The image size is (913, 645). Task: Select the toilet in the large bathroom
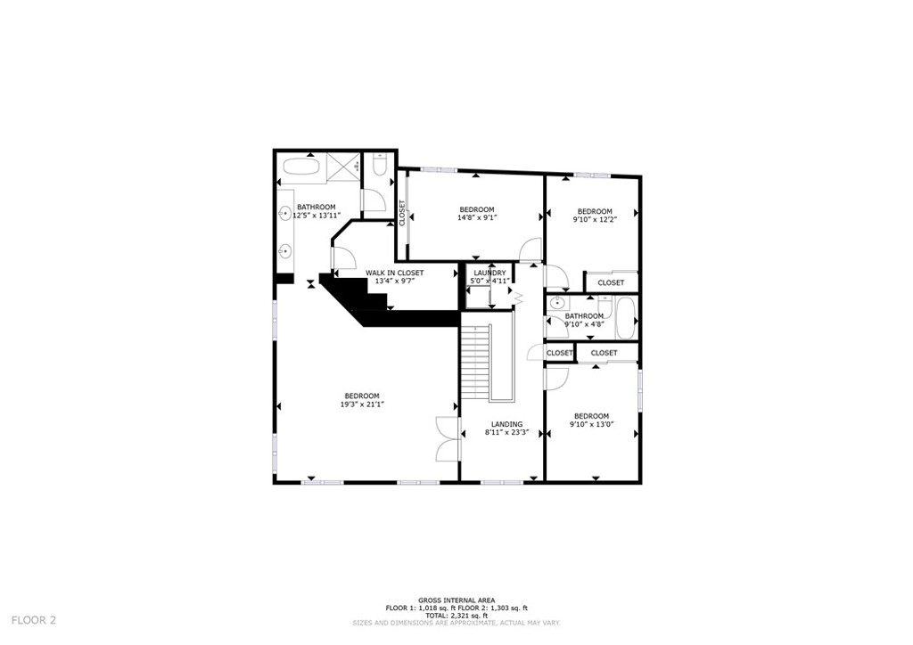pyautogui.click(x=379, y=167)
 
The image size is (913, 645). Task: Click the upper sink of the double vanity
pyautogui.click(x=285, y=213)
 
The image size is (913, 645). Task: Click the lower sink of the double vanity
pyautogui.click(x=285, y=251)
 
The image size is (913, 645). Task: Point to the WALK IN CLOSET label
pyautogui.click(x=393, y=273)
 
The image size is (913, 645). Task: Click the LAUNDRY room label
pyautogui.click(x=489, y=273)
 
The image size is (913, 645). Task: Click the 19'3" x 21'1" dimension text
pyautogui.click(x=361, y=404)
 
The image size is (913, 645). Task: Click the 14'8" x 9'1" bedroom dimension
pyautogui.click(x=476, y=217)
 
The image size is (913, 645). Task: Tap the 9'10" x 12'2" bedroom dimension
pyautogui.click(x=594, y=219)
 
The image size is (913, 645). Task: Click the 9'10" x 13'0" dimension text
pyautogui.click(x=591, y=424)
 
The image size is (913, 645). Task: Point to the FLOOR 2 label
pyautogui.click(x=33, y=620)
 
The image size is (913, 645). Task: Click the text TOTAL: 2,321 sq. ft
pyautogui.click(x=456, y=616)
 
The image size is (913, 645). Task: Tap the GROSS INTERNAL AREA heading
pyautogui.click(x=456, y=600)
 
